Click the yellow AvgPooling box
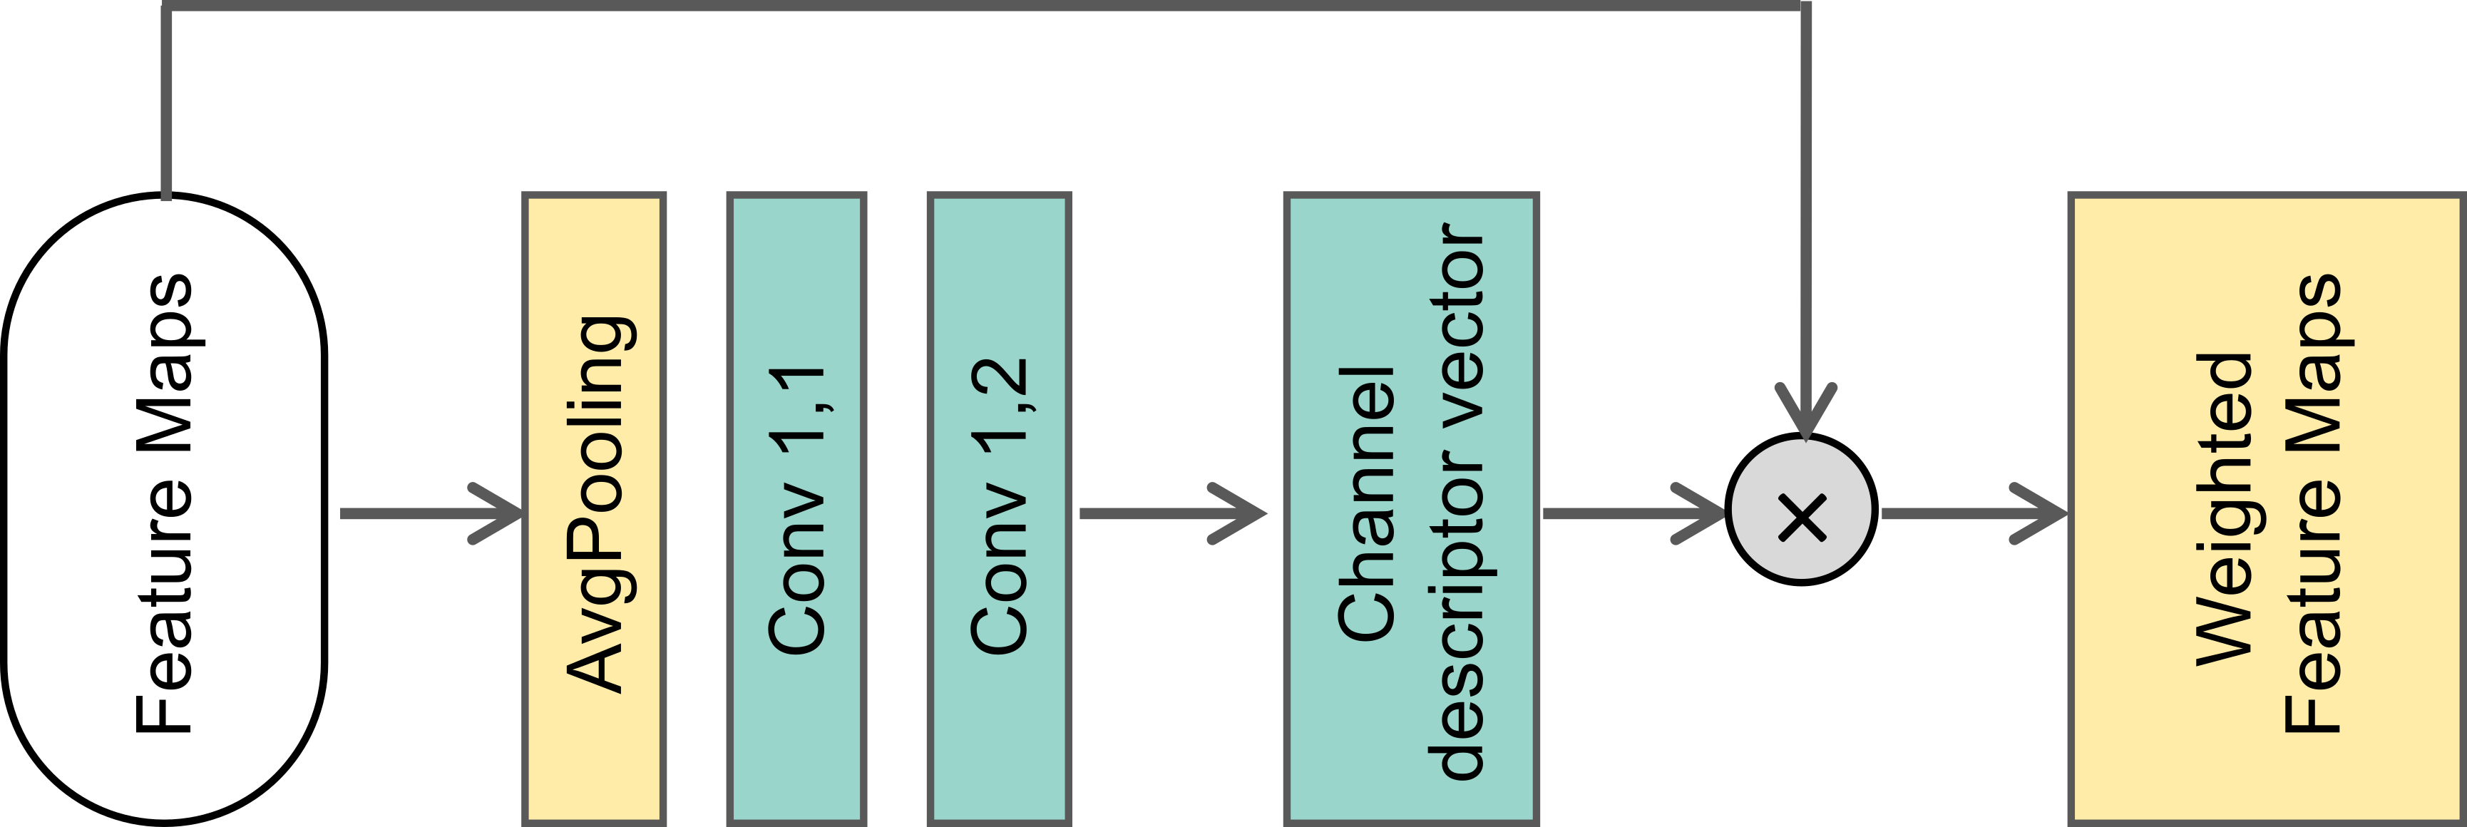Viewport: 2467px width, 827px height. pyautogui.click(x=594, y=508)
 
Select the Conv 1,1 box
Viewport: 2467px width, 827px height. pyautogui.click(x=797, y=508)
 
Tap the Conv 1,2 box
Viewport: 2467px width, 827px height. pyautogui.click(x=999, y=508)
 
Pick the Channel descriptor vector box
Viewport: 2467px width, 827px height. pyautogui.click(x=1410, y=508)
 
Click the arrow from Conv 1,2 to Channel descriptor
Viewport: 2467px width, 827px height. pyautogui.click(x=1173, y=514)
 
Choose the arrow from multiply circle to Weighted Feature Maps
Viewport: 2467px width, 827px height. pyautogui.click(x=1973, y=514)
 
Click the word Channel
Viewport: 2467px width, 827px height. pyautogui.click(x=1365, y=502)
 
